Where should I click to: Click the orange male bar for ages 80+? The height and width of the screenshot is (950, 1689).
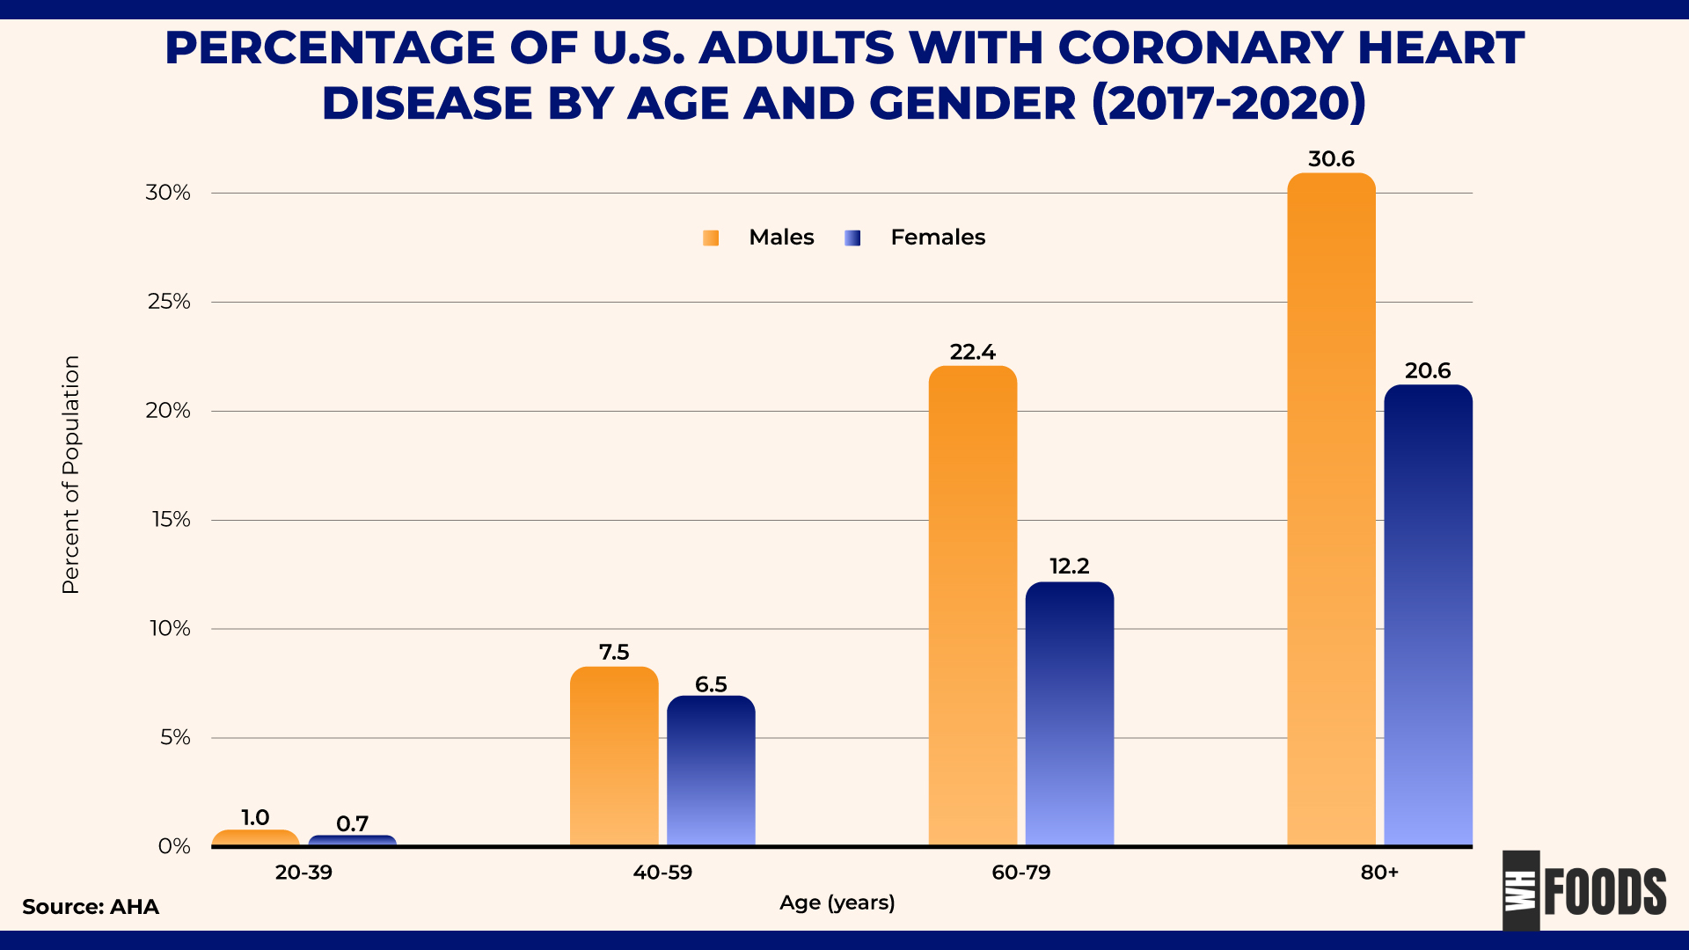click(x=1331, y=510)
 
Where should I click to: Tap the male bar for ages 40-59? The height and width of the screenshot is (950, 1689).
click(x=614, y=756)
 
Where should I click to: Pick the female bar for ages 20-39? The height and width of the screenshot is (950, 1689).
click(x=352, y=841)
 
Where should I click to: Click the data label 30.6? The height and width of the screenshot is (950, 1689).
click(x=1331, y=159)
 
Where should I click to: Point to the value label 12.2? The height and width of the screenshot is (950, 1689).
click(x=1070, y=566)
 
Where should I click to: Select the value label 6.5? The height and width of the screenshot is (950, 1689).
click(x=711, y=684)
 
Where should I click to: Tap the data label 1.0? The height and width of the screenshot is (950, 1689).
click(x=255, y=817)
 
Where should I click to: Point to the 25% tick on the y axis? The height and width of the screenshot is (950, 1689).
click(x=169, y=302)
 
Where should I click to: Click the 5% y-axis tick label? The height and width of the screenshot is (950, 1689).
click(x=175, y=737)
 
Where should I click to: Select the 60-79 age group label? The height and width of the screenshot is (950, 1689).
click(x=1020, y=873)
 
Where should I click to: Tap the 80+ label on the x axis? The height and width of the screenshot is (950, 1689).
click(x=1379, y=873)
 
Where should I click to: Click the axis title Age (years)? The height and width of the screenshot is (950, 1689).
click(x=837, y=902)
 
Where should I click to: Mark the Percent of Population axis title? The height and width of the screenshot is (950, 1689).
click(x=70, y=475)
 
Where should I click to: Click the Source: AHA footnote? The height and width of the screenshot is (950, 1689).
click(x=91, y=907)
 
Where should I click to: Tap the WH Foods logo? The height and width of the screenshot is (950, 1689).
click(x=1583, y=891)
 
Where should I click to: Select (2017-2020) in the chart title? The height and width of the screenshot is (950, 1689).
click(x=1228, y=103)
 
